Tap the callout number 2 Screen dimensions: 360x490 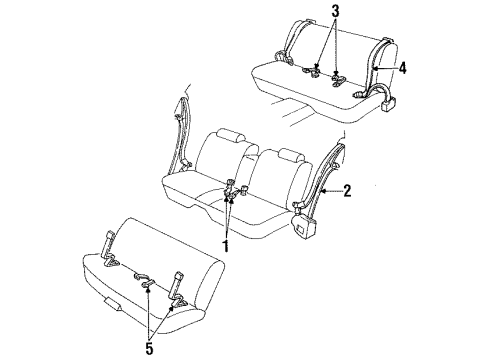346,190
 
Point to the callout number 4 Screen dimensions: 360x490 403,69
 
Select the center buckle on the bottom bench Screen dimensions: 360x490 147,285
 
